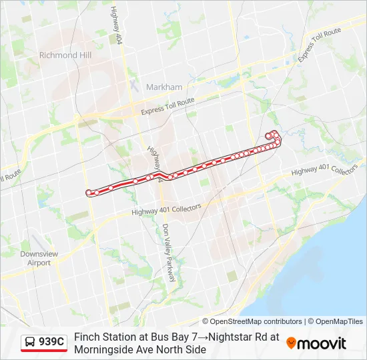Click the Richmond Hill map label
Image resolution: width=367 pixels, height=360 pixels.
tap(68, 55)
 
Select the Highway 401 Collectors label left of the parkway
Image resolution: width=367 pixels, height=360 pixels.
tap(166, 210)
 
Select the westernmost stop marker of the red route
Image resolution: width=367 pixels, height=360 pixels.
tap(89, 193)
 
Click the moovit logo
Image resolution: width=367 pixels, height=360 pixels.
tap(316, 343)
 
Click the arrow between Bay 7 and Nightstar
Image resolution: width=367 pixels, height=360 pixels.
tap(203, 337)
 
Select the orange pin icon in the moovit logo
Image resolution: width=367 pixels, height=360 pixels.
tap(291, 343)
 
